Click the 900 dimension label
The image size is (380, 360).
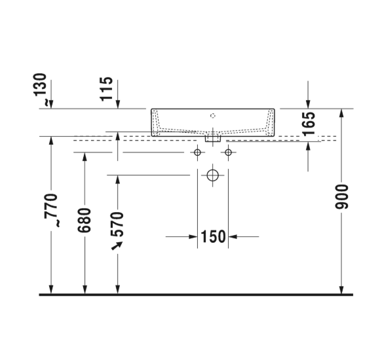click(x=341, y=196)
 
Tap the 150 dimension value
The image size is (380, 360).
click(x=214, y=236)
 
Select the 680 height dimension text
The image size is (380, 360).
click(x=85, y=220)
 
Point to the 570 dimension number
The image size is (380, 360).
click(x=117, y=224)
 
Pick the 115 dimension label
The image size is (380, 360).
click(x=106, y=89)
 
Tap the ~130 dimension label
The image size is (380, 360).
click(x=40, y=89)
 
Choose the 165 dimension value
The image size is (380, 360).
click(x=309, y=124)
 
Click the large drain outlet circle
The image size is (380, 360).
click(x=213, y=175)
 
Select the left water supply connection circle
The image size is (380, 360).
click(x=197, y=153)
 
